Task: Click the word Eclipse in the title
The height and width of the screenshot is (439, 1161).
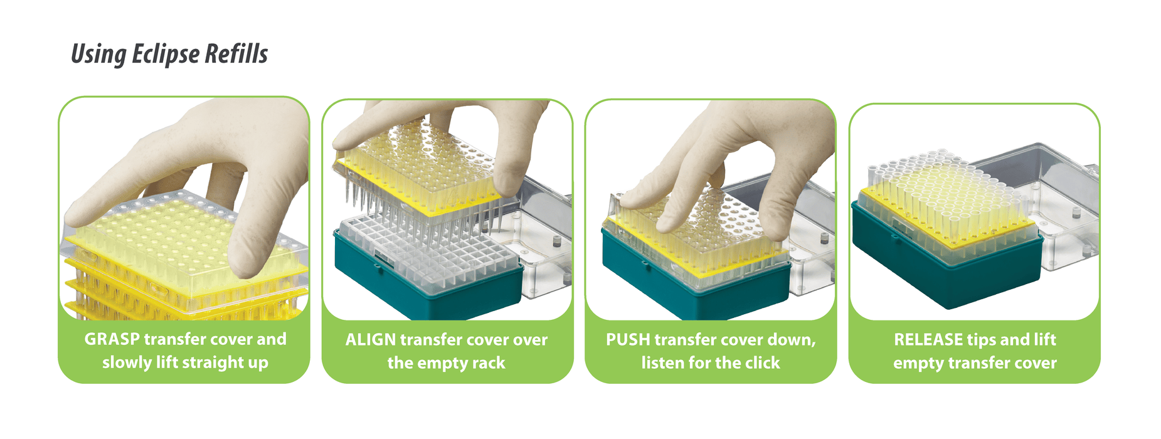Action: [x=157, y=55]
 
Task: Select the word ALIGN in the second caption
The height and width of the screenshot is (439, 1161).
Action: [x=370, y=340]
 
